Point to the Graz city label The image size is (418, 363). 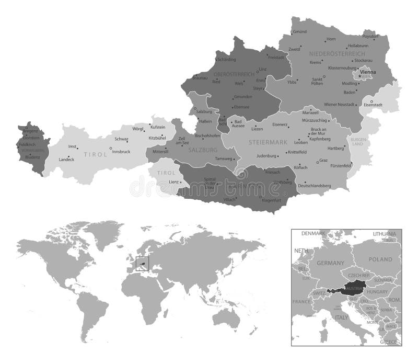[323, 160]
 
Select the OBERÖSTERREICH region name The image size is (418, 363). [237, 74]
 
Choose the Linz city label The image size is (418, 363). [263, 69]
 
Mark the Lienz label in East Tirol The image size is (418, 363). [174, 182]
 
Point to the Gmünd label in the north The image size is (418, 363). [300, 32]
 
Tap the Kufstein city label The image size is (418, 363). [157, 127]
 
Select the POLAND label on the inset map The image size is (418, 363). [379, 259]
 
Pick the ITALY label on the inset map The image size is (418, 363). [341, 317]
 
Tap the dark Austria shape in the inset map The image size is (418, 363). [347, 289]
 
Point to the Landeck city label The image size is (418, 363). [66, 159]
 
